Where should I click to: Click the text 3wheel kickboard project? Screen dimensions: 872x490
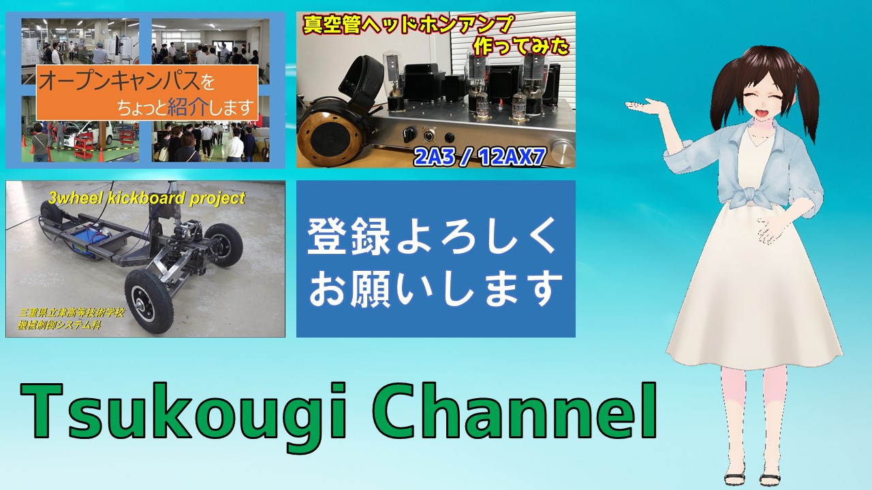pos(146,198)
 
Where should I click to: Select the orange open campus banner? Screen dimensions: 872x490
pos(147,92)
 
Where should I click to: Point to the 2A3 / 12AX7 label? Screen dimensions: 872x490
pos(479,157)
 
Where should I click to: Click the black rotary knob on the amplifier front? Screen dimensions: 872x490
pos(408,133)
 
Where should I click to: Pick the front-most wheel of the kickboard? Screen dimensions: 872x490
pos(149,301)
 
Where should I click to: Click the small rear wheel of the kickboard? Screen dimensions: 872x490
pos(51,217)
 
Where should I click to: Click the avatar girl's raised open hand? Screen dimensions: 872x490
pos(645,105)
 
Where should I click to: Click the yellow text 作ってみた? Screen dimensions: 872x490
pos(521,48)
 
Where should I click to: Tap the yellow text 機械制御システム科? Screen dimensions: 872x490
pos(59,325)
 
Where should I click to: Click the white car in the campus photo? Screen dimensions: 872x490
pos(96,135)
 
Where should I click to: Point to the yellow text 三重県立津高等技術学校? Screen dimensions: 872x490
pos(72,312)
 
